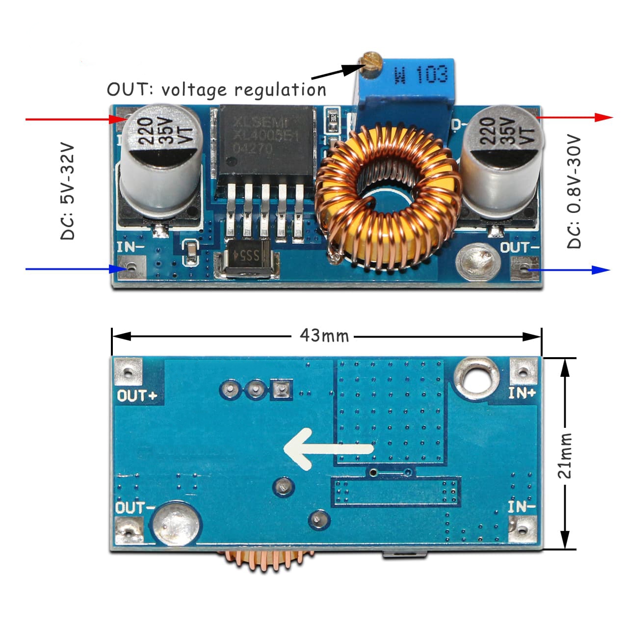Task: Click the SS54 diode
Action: (246, 256)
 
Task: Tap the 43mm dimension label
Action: (324, 336)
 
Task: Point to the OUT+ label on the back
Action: (137, 395)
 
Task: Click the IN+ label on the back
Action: (522, 393)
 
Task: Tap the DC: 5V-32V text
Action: (68, 191)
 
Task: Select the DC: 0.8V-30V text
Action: (574, 192)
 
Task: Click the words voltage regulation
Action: (243, 90)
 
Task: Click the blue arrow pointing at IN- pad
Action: (74, 269)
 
